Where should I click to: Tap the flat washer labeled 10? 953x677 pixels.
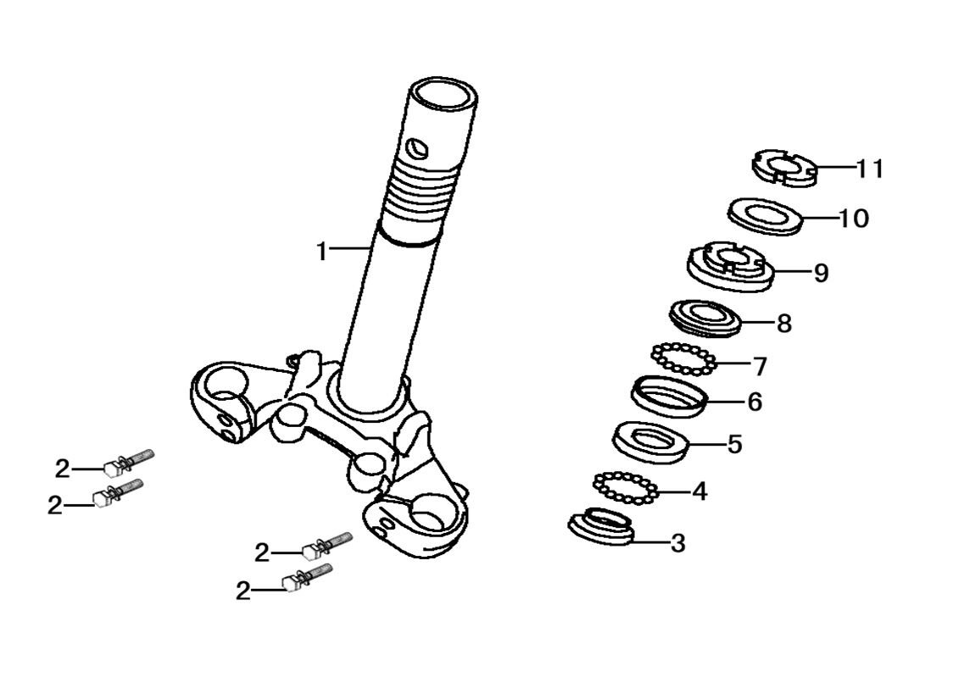(766, 216)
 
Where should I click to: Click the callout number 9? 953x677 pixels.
(821, 273)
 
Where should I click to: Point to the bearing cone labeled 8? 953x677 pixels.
(705, 318)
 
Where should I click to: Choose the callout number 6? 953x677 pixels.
(755, 402)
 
